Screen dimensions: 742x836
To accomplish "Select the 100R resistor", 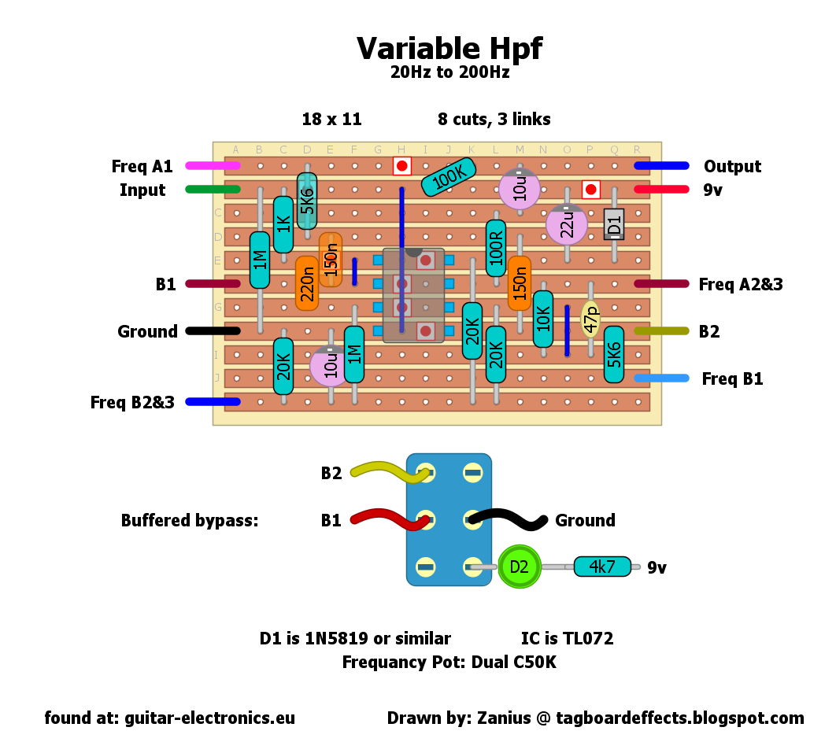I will [495, 249].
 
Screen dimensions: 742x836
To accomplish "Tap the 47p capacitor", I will [590, 319].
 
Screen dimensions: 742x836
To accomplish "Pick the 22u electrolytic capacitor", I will [567, 224].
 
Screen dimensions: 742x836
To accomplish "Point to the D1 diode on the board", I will [614, 224].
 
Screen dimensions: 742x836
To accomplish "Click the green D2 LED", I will [520, 567].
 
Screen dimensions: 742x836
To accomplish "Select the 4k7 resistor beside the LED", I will [602, 567].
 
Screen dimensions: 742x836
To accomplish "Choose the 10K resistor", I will [543, 319].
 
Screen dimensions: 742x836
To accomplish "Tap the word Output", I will [732, 167].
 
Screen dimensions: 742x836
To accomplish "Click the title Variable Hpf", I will [449, 49].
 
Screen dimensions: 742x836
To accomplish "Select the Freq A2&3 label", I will [741, 285].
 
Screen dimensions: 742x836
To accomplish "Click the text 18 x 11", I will [331, 120].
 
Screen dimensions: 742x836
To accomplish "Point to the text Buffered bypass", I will [190, 521].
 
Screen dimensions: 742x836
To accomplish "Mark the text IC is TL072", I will [567, 638].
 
